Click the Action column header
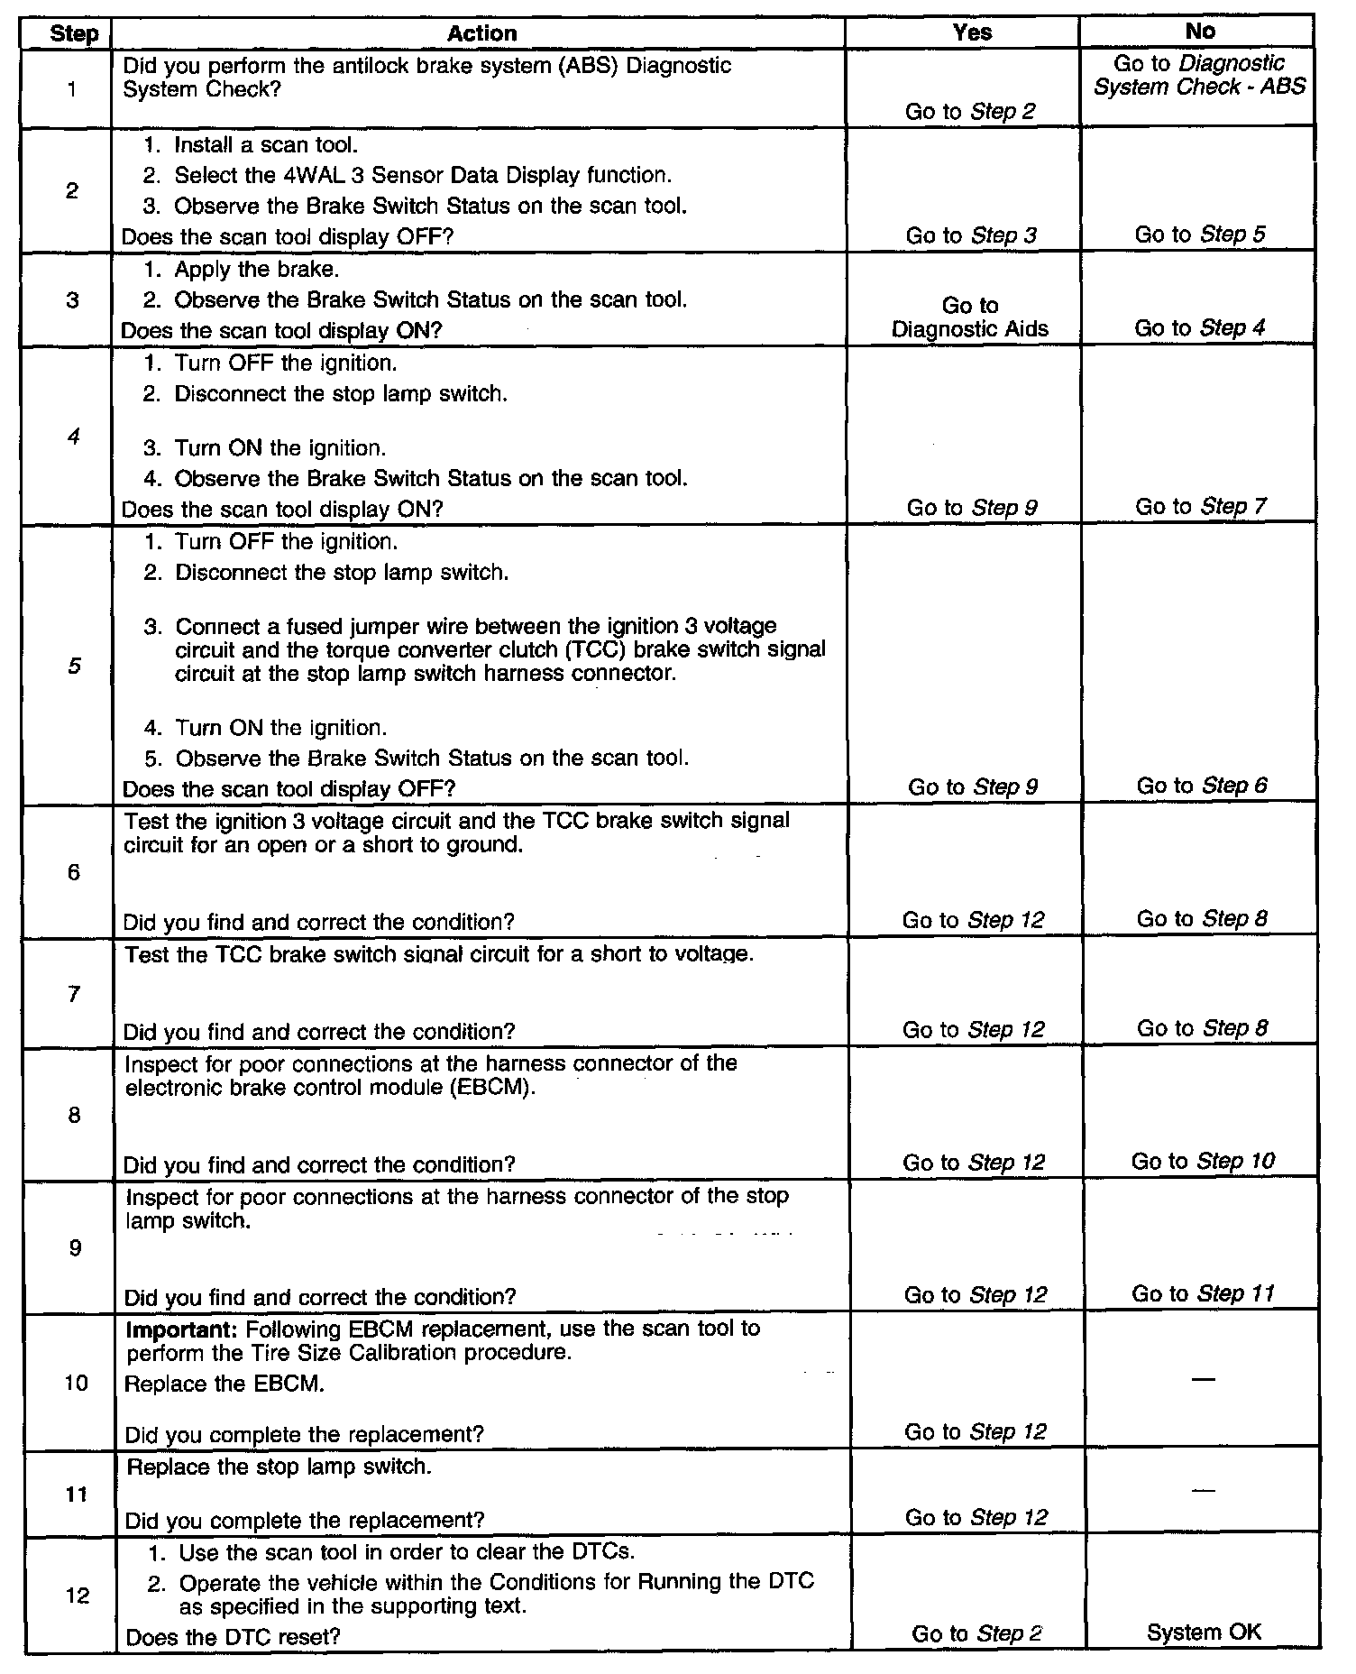click(481, 33)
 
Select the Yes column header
click(972, 32)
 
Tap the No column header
click(1200, 32)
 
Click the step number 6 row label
click(73, 872)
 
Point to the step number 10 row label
click(76, 1383)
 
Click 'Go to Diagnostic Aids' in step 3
click(970, 317)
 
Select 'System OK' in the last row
click(1204, 1631)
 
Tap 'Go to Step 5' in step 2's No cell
click(1200, 235)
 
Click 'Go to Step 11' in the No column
click(1203, 1293)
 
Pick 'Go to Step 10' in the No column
click(1203, 1161)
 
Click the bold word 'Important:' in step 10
click(182, 1329)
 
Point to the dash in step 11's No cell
click(1202, 1492)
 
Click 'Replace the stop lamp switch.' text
click(279, 1467)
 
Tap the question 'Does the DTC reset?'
click(233, 1637)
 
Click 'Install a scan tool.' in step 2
click(266, 145)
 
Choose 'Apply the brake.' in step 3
click(257, 270)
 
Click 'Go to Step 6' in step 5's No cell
click(1202, 786)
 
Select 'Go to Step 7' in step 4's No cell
click(1201, 507)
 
